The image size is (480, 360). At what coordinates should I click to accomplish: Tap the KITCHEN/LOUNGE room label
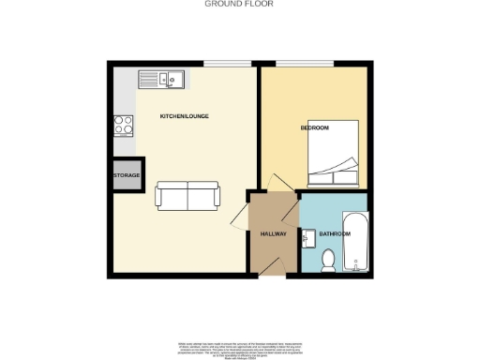click(184, 115)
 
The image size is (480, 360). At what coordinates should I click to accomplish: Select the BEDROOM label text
click(315, 127)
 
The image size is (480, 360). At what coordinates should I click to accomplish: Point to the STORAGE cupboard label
click(127, 175)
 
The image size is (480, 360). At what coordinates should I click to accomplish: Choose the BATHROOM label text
click(335, 232)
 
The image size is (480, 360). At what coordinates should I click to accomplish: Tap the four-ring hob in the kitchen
click(124, 125)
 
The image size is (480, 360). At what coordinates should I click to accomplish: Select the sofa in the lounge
click(187, 195)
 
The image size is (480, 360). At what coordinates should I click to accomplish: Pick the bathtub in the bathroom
click(358, 247)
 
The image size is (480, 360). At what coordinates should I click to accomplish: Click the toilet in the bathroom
click(328, 260)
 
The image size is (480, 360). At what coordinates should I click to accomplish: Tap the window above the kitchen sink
click(228, 63)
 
